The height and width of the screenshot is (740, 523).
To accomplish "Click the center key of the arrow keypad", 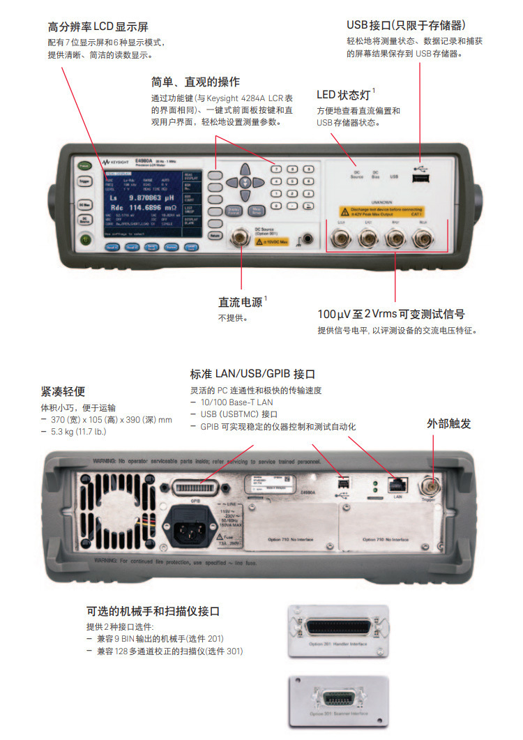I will coord(244,181).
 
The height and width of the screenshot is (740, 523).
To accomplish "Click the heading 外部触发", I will coord(449,423).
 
